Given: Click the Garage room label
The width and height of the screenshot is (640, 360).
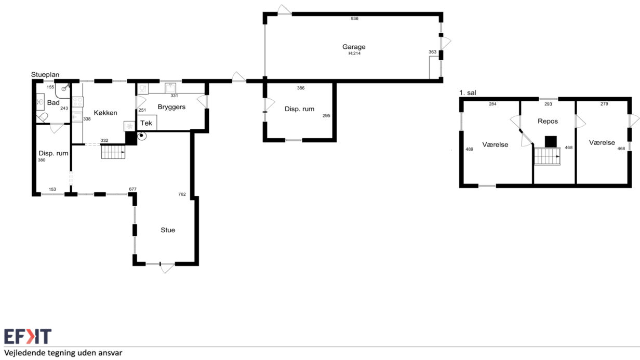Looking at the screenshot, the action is [x=354, y=47].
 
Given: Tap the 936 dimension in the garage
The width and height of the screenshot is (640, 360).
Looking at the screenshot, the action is [x=354, y=19].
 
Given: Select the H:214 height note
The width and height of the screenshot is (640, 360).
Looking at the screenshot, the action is [x=354, y=54].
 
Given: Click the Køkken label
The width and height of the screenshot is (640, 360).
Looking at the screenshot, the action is [x=105, y=113].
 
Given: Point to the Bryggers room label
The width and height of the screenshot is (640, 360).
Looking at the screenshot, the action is [x=171, y=107].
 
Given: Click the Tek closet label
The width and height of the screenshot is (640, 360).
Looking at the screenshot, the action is [x=146, y=123].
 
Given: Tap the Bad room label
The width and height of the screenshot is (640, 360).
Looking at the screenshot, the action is [x=53, y=102].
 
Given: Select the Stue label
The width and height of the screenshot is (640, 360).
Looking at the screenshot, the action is [x=168, y=230].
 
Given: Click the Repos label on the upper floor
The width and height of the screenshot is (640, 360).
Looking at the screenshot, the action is [x=548, y=122].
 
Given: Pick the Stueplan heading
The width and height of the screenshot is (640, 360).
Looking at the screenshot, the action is [x=45, y=75].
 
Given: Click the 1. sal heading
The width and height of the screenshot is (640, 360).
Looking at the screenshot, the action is [x=468, y=93].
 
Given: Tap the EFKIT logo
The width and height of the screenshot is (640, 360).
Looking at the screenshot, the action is [x=28, y=336].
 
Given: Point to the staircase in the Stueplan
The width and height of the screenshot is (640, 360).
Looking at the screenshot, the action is [x=113, y=152].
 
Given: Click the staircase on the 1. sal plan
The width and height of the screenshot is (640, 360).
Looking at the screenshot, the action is [x=547, y=156].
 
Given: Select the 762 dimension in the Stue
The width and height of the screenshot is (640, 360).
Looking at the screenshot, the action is [x=182, y=194].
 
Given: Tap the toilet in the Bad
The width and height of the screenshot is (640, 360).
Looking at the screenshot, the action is [x=42, y=118].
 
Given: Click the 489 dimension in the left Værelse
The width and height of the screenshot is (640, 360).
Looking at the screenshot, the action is [x=470, y=149].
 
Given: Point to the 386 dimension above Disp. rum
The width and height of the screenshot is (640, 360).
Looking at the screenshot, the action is [x=301, y=88].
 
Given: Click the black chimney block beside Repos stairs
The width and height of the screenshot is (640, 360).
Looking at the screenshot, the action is [x=551, y=142].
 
